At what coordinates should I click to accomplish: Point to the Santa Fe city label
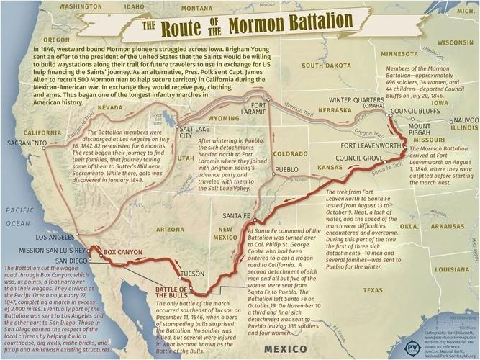(237, 215)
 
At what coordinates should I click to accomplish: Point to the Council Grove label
(358, 158)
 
